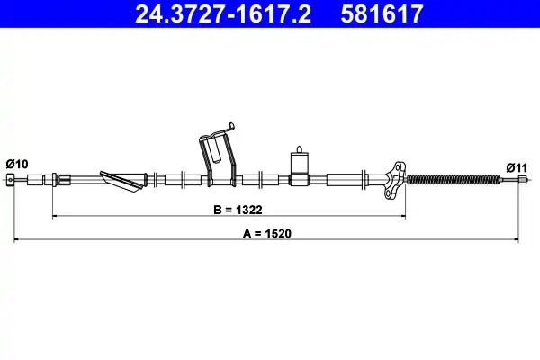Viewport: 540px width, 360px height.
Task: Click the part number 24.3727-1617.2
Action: [223, 13]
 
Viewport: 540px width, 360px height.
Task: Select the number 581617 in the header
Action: [382, 13]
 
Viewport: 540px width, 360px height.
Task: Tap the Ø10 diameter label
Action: [17, 164]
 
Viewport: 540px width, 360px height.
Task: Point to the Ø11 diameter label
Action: [517, 168]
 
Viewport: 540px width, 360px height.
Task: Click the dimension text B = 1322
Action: [238, 210]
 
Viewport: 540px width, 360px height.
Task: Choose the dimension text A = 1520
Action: [267, 233]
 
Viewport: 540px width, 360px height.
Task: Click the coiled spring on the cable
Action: [454, 179]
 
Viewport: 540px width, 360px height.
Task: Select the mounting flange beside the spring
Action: [395, 180]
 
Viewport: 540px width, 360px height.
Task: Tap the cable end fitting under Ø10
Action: [10, 179]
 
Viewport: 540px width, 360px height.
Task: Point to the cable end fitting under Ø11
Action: [523, 179]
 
